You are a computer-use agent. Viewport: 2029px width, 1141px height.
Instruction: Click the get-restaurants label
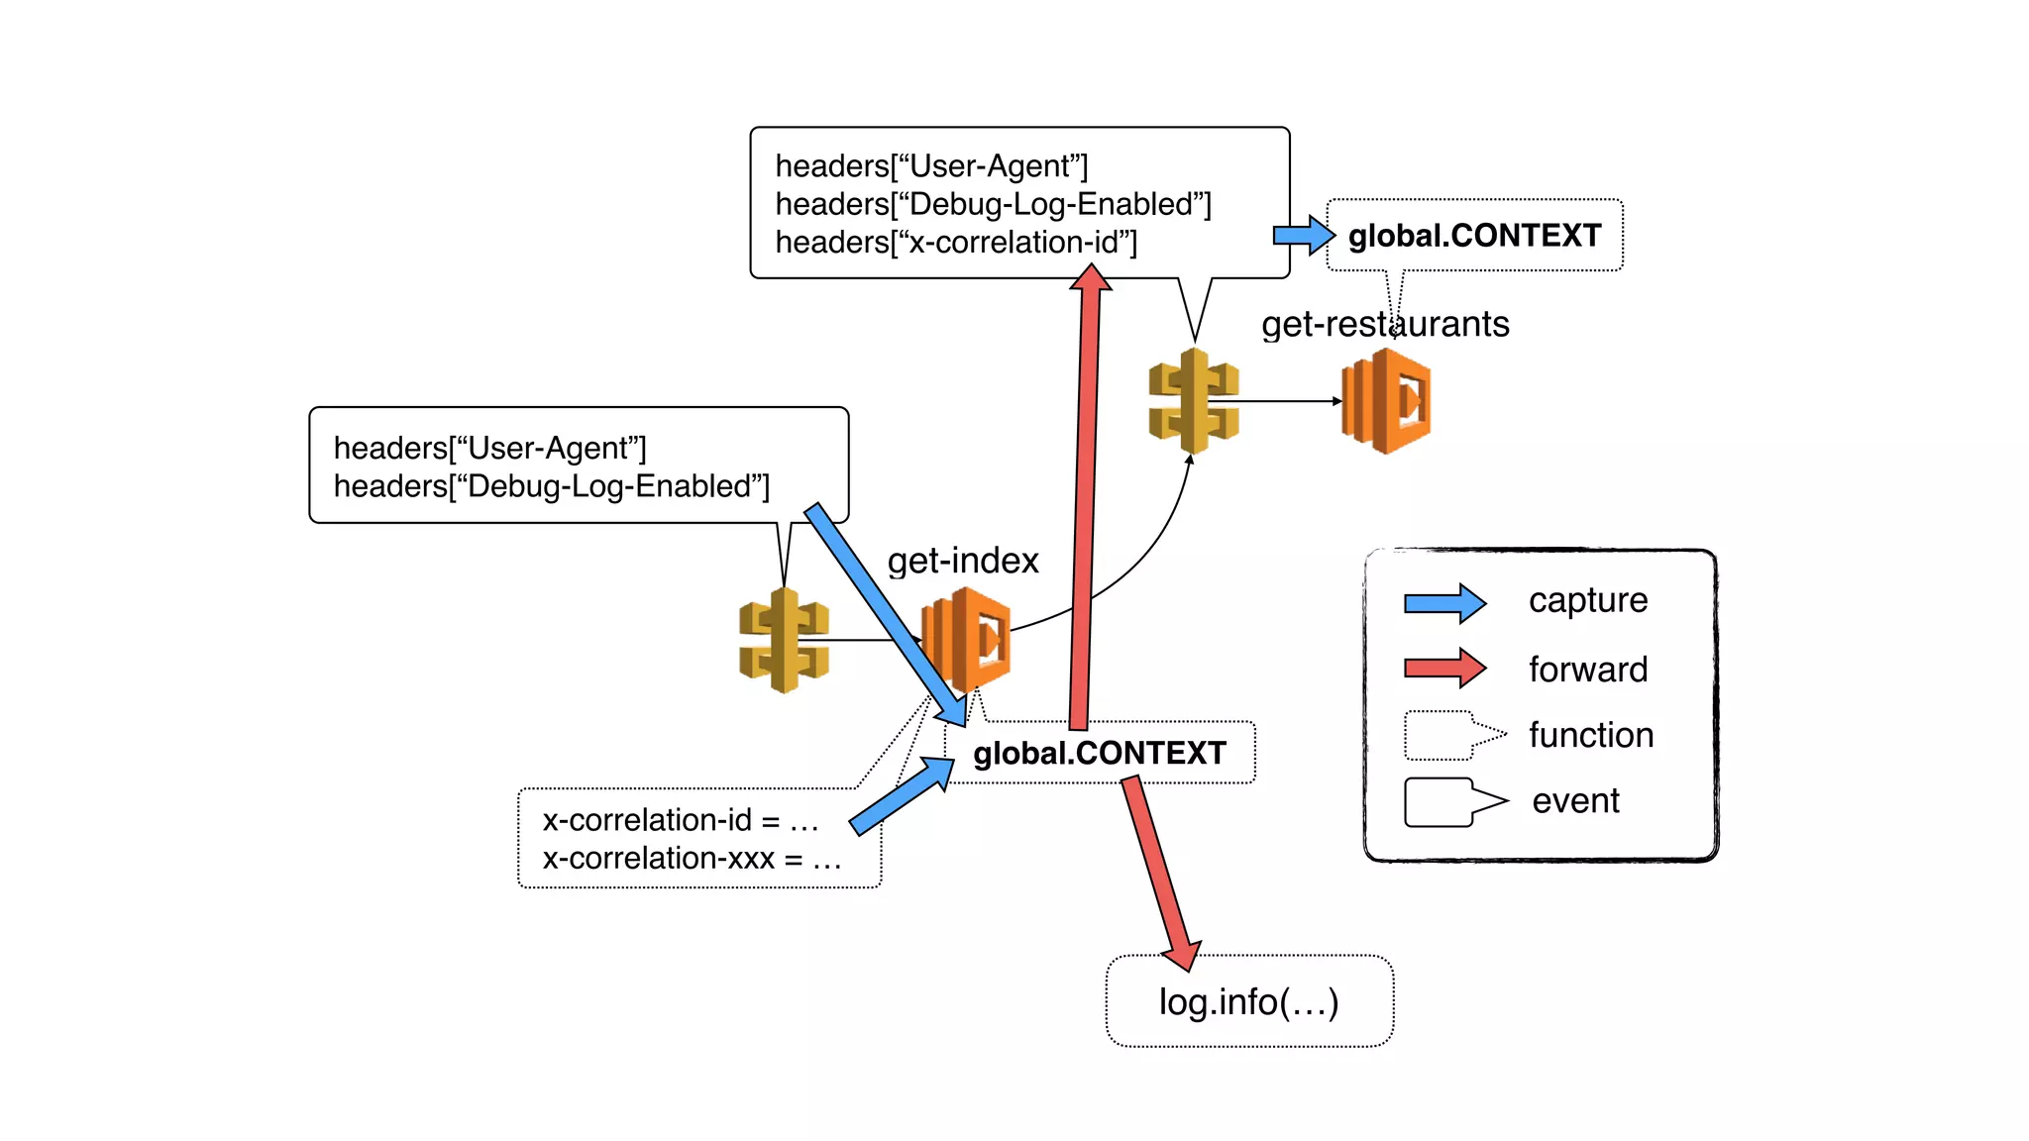[x=1384, y=324]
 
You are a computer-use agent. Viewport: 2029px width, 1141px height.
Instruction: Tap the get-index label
[x=962, y=561]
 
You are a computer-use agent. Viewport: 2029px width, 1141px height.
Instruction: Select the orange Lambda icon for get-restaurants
[x=1386, y=401]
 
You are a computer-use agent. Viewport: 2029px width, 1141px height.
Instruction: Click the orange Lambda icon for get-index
[x=967, y=639]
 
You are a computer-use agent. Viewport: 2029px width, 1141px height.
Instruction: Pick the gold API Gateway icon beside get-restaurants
[x=1194, y=400]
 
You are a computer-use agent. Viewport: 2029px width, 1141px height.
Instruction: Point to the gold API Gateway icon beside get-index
[x=784, y=640]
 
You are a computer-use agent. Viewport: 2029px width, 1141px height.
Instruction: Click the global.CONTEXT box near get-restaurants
[x=1474, y=236]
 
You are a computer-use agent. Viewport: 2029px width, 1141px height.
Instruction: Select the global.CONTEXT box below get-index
[x=1099, y=753]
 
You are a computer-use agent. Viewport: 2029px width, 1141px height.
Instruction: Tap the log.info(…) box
[x=1248, y=1001]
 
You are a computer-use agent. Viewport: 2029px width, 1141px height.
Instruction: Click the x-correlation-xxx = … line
[x=691, y=858]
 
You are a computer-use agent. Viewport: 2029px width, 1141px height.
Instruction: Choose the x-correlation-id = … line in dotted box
[x=680, y=820]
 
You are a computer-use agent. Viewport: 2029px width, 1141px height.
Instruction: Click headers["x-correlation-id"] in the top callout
[x=955, y=243]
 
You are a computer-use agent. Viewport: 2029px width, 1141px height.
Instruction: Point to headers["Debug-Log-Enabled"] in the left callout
[x=551, y=486]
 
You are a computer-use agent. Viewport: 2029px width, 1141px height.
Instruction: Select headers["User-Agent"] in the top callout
[x=930, y=166]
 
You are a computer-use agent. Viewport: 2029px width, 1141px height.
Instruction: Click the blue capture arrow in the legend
[x=1444, y=602]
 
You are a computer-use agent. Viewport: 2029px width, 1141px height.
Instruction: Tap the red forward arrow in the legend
[x=1444, y=669]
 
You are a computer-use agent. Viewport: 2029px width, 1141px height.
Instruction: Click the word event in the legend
[x=1574, y=800]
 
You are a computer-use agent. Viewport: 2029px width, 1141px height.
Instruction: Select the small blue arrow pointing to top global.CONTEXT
[x=1304, y=235]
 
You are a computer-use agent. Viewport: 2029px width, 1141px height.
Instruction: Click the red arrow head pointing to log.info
[x=1183, y=953]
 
